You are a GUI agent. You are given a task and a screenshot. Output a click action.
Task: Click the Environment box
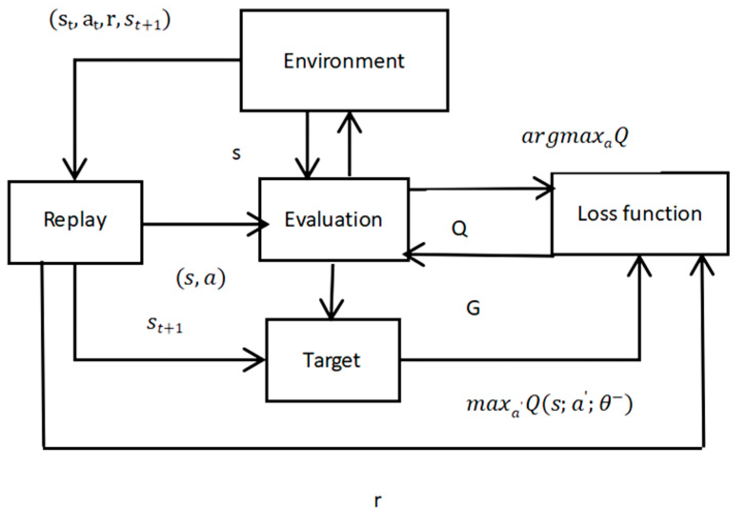click(344, 60)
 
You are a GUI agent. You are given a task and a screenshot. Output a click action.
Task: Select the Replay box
click(75, 222)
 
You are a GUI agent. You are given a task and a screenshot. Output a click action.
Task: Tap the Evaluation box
click(334, 220)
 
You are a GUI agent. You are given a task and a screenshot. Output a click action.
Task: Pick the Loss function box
click(640, 213)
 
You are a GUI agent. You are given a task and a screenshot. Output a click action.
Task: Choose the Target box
click(332, 360)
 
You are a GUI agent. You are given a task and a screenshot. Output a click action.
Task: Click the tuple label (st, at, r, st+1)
click(110, 21)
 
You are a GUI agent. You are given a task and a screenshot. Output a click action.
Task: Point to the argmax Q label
click(575, 136)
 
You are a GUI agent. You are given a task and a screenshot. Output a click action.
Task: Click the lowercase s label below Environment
click(236, 154)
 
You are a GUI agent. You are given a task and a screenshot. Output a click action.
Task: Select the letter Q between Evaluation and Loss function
click(459, 228)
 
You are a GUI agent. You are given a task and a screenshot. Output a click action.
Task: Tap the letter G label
click(473, 309)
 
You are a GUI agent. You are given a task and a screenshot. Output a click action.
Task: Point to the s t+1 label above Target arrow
click(165, 325)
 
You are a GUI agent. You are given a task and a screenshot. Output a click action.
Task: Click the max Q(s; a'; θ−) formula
click(549, 404)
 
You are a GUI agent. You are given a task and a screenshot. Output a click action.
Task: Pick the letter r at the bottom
click(378, 500)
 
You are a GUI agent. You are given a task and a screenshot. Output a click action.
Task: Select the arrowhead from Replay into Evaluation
click(258, 224)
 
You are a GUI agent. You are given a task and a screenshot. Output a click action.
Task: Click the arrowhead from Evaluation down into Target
click(331, 310)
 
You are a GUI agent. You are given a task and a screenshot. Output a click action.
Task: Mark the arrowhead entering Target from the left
click(255, 359)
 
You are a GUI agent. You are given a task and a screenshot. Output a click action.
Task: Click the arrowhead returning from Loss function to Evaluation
click(413, 255)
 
